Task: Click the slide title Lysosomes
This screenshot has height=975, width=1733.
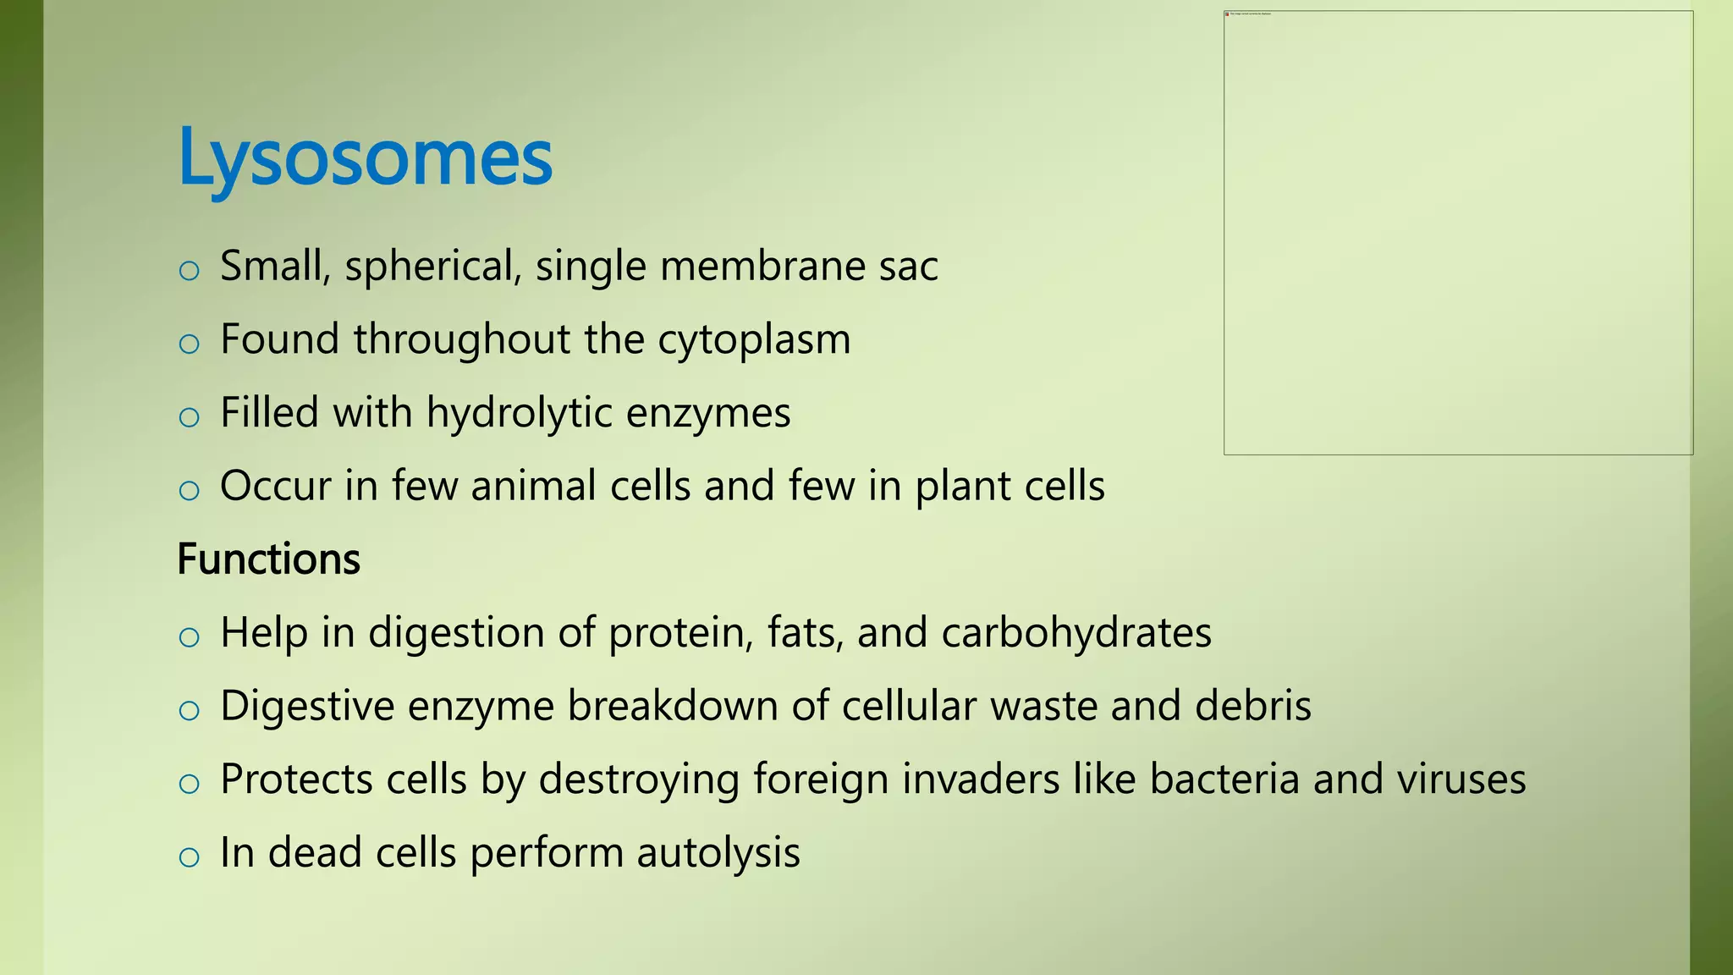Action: click(365, 157)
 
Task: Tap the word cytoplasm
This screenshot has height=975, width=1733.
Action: click(754, 340)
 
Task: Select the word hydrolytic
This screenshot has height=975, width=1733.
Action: click(519, 414)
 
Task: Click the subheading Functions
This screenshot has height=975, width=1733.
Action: click(268, 559)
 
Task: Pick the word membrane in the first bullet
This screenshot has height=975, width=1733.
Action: click(762, 267)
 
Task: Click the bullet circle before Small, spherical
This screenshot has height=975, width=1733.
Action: click(190, 272)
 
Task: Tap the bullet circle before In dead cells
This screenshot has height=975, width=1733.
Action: click(190, 858)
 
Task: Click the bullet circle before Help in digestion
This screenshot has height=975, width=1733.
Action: click(190, 638)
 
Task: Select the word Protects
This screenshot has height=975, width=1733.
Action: click(296, 779)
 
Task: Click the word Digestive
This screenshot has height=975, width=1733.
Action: click(307, 706)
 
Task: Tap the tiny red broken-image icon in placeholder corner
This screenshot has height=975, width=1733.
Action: click(1227, 14)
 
